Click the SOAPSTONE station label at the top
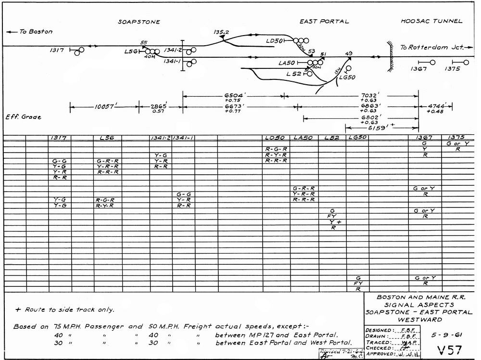(x=139, y=22)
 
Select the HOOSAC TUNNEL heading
(x=431, y=21)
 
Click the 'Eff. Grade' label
(x=23, y=117)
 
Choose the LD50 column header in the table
(x=275, y=138)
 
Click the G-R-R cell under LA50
(x=304, y=188)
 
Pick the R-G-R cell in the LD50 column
(x=276, y=149)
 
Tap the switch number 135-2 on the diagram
(x=222, y=32)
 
